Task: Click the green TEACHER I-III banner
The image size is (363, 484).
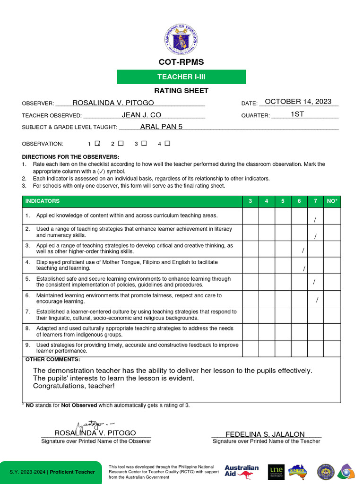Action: (181, 77)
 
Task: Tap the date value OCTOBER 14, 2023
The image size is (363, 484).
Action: (298, 102)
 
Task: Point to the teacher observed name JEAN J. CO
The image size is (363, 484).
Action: (141, 115)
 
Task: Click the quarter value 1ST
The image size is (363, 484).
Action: (297, 114)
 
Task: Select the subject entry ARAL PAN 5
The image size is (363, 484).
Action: (161, 127)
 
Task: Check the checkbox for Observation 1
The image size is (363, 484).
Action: (98, 143)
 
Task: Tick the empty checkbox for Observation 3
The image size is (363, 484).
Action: (144, 143)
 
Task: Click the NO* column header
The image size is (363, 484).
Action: (332, 201)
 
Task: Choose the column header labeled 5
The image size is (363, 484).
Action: (283, 201)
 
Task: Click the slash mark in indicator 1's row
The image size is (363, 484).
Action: (315, 220)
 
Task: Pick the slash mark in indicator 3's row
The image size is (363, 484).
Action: (303, 251)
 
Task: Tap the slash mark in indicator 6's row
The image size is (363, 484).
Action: (317, 300)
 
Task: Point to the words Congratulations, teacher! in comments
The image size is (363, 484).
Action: (74, 386)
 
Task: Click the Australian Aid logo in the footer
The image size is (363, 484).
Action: (242, 471)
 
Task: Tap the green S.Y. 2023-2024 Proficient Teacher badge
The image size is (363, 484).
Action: (51, 472)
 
